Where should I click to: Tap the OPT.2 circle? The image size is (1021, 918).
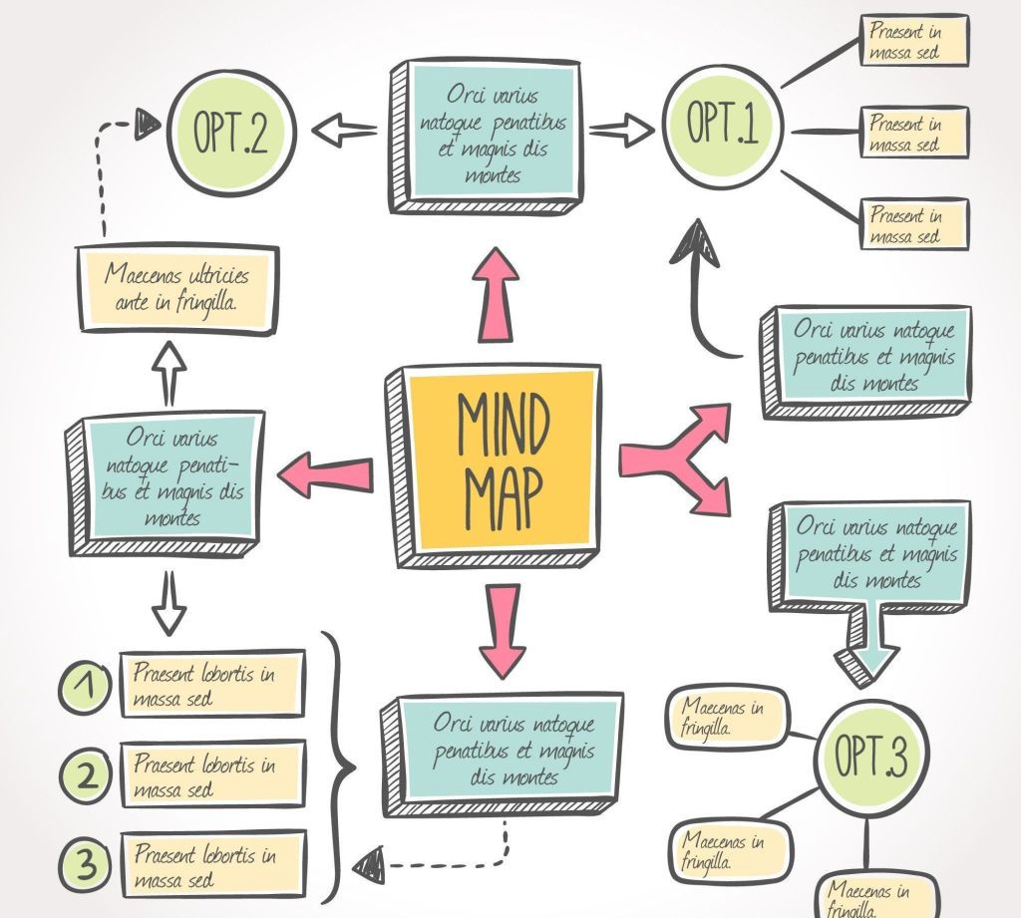pyautogui.click(x=231, y=131)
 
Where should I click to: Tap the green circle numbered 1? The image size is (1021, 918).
pyautogui.click(x=87, y=686)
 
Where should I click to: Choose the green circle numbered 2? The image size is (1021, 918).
pyautogui.click(x=88, y=774)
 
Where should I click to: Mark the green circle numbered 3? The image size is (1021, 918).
pyautogui.click(x=88, y=864)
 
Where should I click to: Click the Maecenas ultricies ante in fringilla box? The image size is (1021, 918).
pyautogui.click(x=176, y=288)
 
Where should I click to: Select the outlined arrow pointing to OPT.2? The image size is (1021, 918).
pyautogui.click(x=344, y=130)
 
